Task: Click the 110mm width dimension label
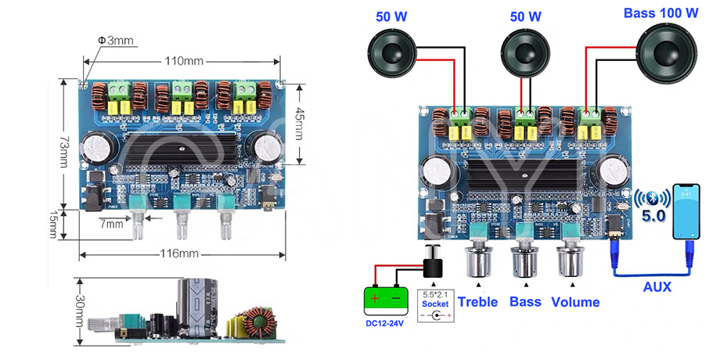click(x=184, y=61)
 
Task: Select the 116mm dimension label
click(x=179, y=253)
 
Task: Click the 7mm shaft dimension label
click(x=112, y=225)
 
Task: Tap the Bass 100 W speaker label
click(x=661, y=13)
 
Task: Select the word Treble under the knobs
click(x=477, y=301)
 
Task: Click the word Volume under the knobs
click(x=575, y=301)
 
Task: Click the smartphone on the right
click(x=688, y=211)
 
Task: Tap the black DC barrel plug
click(x=430, y=263)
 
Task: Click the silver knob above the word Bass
click(x=524, y=264)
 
